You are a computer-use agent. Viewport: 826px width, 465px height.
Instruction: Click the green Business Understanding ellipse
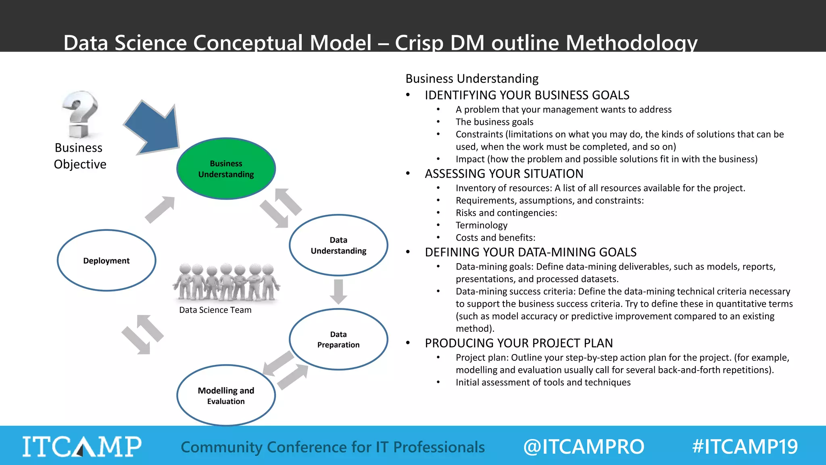226,169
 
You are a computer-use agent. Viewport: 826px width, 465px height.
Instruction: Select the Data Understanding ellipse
338,245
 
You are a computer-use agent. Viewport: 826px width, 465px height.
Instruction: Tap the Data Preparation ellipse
338,339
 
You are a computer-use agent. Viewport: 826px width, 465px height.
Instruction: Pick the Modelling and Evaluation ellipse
226,396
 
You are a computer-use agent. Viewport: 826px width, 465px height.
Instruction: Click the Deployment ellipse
106,260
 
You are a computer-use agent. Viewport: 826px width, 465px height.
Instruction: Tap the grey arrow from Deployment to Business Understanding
160,209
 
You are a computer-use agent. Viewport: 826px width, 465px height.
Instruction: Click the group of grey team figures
226,283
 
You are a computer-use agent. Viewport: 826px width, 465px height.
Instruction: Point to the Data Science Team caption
215,310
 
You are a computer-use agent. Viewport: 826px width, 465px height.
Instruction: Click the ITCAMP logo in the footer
82,446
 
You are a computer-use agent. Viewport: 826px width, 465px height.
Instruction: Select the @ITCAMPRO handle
584,447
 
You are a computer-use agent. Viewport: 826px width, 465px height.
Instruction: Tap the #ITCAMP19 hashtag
745,447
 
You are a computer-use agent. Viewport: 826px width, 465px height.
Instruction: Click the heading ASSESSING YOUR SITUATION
504,174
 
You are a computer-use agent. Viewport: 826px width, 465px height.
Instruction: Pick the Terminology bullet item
481,225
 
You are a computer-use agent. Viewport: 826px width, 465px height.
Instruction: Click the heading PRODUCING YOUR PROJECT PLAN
519,343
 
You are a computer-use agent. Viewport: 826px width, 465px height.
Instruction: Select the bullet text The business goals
494,122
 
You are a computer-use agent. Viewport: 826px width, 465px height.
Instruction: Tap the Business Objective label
80,156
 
